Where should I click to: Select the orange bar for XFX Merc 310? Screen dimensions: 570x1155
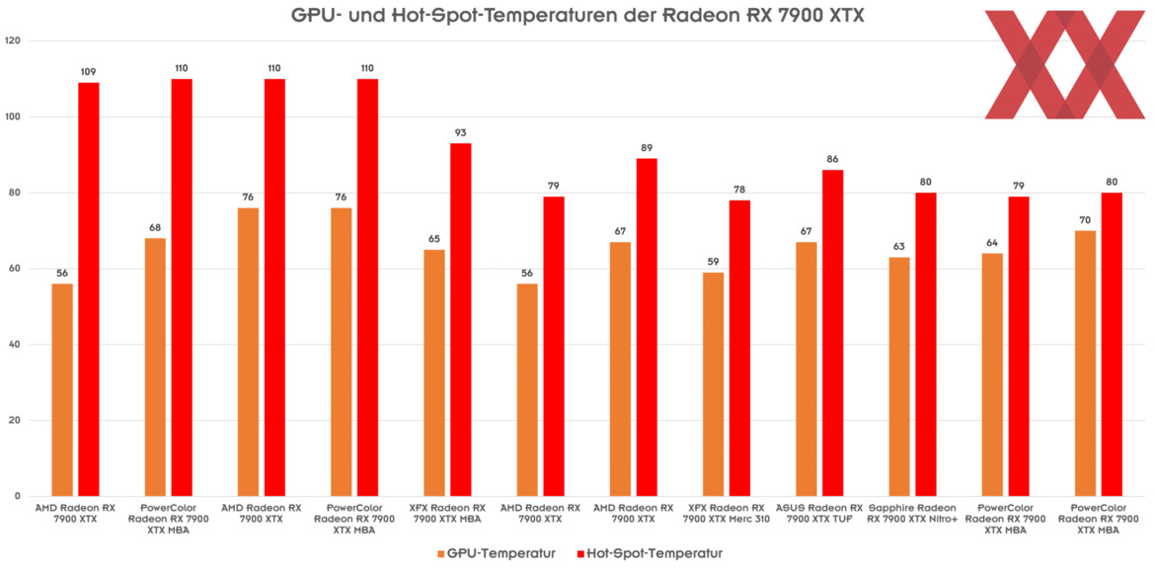pyautogui.click(x=713, y=384)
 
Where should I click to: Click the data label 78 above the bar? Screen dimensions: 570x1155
pyautogui.click(x=739, y=190)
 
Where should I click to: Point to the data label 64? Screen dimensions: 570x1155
pyautogui.click(x=992, y=243)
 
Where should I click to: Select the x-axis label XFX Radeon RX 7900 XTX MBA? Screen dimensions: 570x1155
pyautogui.click(x=446, y=513)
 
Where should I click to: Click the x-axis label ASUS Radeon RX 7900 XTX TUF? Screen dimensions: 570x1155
pyautogui.click(x=818, y=513)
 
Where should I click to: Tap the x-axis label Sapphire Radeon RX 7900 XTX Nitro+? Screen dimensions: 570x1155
pyautogui.click(x=912, y=513)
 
